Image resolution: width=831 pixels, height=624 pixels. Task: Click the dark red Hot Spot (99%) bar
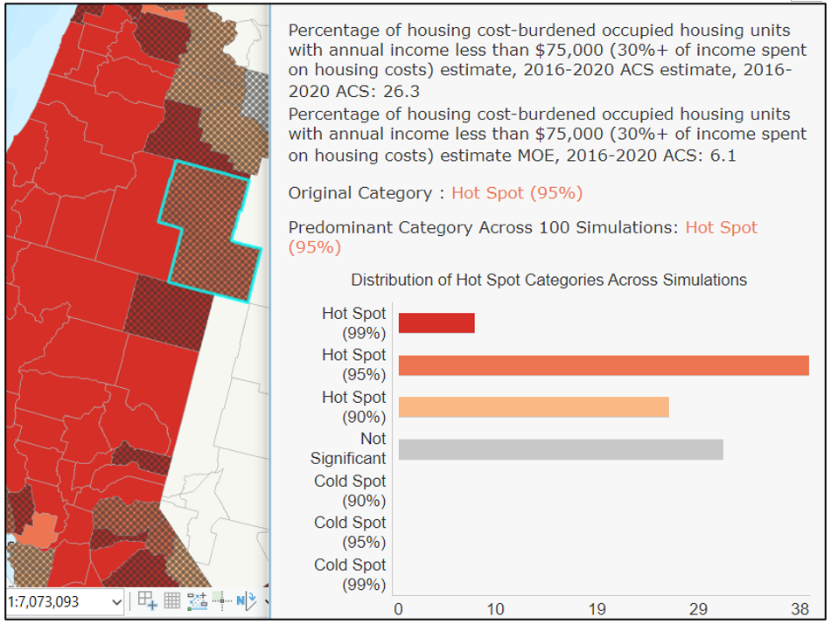tap(436, 323)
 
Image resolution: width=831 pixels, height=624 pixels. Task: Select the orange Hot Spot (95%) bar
tap(603, 365)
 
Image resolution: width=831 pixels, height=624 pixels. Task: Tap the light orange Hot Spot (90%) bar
tap(533, 407)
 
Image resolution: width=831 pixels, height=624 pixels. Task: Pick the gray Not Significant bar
tap(560, 449)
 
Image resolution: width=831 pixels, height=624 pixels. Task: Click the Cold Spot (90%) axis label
tap(350, 491)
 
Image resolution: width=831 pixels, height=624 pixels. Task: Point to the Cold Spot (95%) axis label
tap(350, 532)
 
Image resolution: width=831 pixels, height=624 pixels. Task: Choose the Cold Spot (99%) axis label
tap(350, 574)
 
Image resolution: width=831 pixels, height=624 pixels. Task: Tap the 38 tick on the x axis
tap(800, 609)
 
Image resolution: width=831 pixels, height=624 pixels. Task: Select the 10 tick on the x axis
tap(496, 609)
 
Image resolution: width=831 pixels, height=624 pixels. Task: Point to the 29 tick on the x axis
tap(697, 609)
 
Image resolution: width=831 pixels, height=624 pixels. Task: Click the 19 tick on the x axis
tap(597, 609)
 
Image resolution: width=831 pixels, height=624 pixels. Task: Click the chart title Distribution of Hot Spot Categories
tap(548, 281)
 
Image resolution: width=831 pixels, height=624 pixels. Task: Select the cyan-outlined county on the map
tap(208, 232)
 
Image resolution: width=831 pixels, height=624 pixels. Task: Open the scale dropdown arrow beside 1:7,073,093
tap(117, 601)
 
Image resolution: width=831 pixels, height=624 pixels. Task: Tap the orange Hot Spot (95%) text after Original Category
tap(516, 193)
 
